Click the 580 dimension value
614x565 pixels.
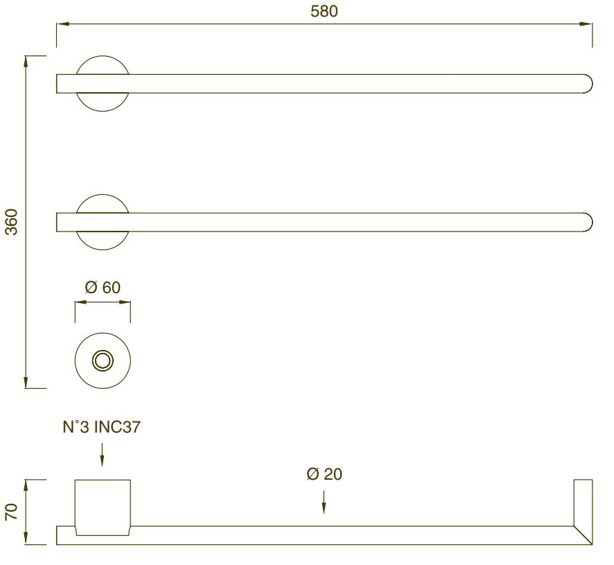tap(324, 11)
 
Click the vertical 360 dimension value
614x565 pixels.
tap(12, 222)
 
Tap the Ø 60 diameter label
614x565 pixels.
tap(103, 287)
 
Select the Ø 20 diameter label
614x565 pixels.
tap(324, 473)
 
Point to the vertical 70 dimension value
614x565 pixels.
tap(12, 512)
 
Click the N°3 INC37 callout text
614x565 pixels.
tap(101, 426)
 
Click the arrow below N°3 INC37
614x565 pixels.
tap(102, 455)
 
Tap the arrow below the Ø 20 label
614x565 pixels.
tap(324, 502)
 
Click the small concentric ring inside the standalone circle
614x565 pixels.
tap(103, 360)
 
